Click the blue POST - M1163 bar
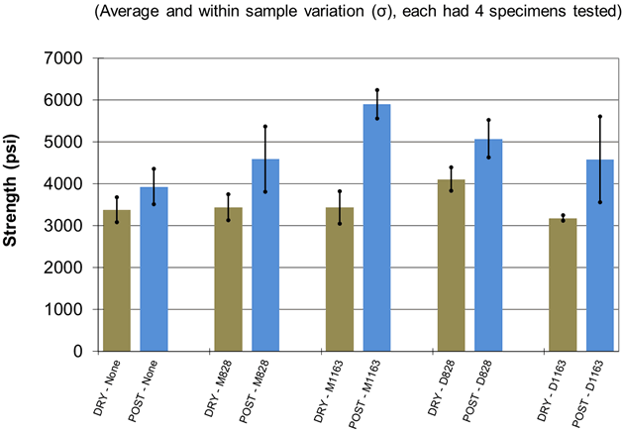376,228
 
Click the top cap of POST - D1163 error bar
600,117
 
